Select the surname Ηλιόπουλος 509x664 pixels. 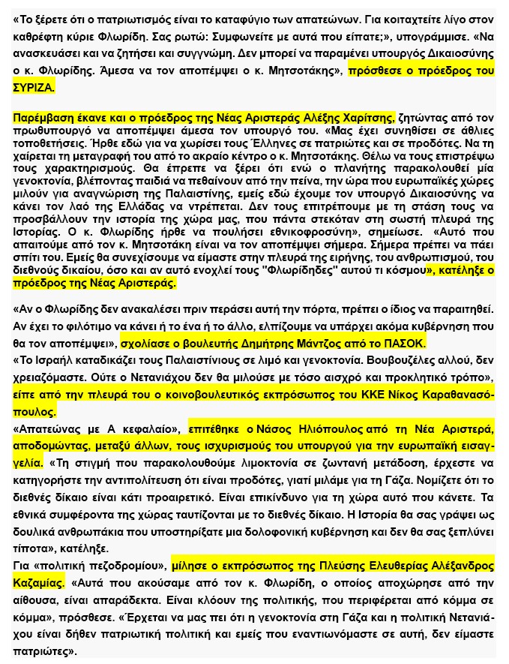click(327, 429)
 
